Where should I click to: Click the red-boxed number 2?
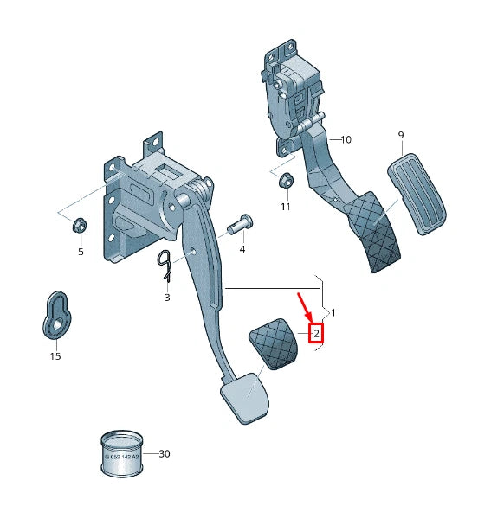pos(317,332)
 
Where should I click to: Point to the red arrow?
pos(306,308)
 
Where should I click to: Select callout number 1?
pos(334,311)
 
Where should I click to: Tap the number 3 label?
pos(168,297)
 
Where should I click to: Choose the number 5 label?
pos(81,252)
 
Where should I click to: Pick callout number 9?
pos(401,135)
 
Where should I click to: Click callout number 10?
pos(346,139)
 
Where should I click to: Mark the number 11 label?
pos(286,207)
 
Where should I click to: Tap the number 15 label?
pos(55,355)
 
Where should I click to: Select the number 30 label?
pos(165,452)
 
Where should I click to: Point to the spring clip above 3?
pos(167,265)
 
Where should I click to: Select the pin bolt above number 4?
pos(239,223)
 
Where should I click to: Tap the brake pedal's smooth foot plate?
pos(244,397)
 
